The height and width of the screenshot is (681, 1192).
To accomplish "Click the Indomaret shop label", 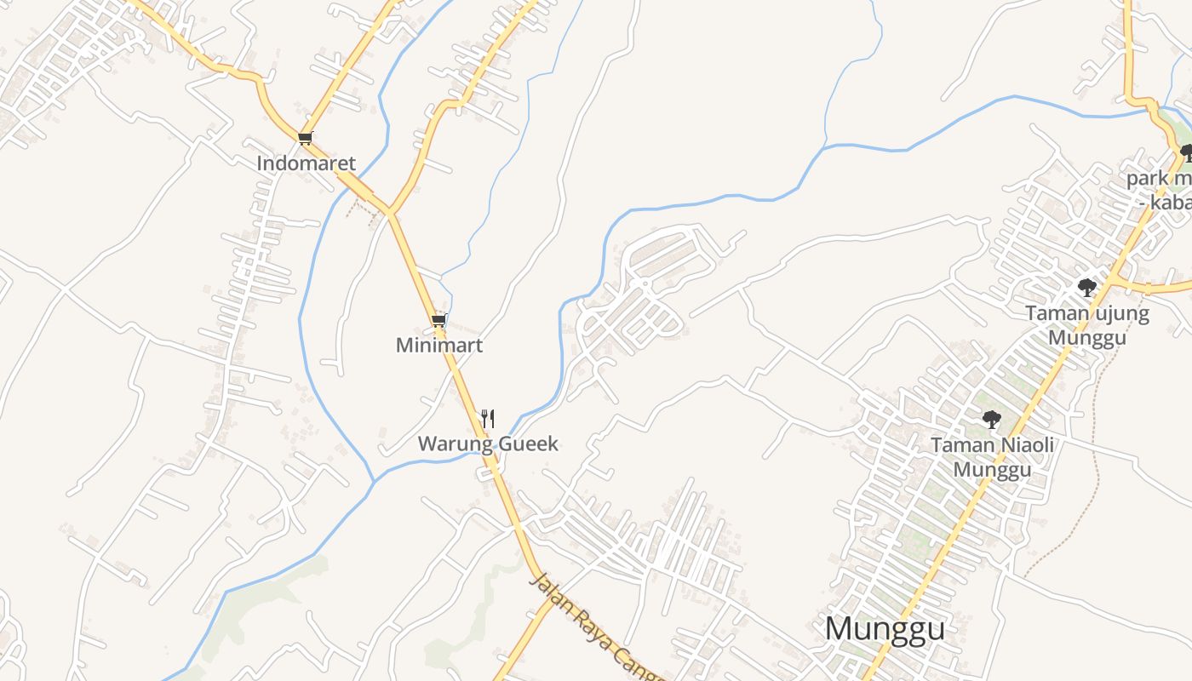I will [x=307, y=163].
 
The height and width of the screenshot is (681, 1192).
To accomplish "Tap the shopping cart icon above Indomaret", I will [x=306, y=138].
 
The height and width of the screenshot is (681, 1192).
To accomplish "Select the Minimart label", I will [x=439, y=345].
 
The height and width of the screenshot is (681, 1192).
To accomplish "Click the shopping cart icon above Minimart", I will [x=439, y=321].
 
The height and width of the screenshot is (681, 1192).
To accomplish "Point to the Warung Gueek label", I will [x=488, y=444].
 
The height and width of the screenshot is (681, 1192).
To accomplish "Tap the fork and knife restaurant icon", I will [x=488, y=418].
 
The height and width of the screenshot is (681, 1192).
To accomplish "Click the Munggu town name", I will [x=885, y=628].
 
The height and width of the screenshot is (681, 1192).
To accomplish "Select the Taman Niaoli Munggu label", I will [x=992, y=457].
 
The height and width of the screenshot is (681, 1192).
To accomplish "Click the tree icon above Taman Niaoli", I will [x=991, y=419].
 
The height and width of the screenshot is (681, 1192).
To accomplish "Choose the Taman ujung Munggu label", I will [x=1087, y=325].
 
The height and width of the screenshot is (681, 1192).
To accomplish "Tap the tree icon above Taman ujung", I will [x=1086, y=288].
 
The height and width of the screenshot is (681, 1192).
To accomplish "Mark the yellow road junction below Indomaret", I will [x=390, y=210].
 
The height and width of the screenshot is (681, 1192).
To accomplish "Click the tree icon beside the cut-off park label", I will [x=1186, y=154].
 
